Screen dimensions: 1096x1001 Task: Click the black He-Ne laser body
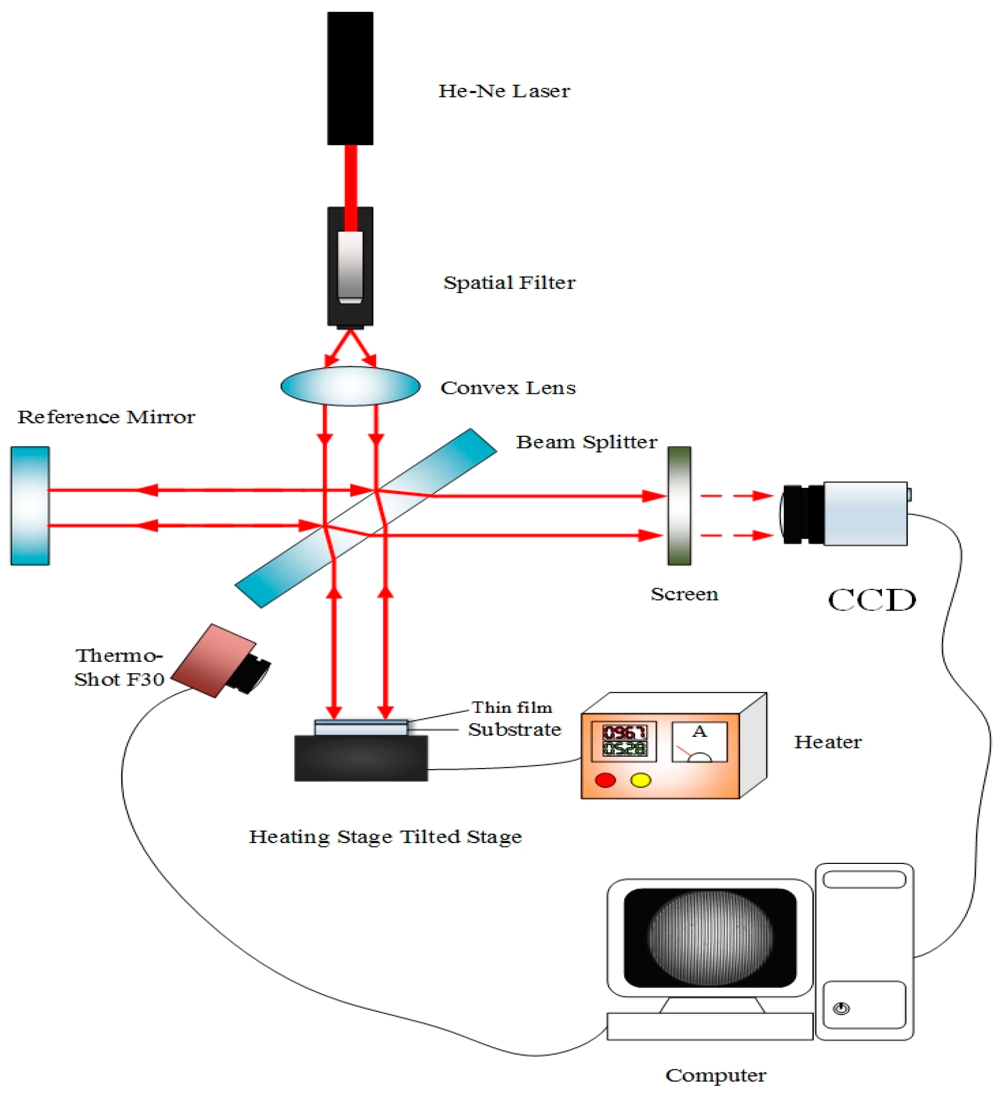[x=350, y=78]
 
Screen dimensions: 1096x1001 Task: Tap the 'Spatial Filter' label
[x=509, y=282]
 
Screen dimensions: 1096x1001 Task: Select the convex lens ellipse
[x=350, y=386]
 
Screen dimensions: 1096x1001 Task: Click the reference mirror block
[x=30, y=505]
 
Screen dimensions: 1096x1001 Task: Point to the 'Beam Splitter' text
[x=586, y=442]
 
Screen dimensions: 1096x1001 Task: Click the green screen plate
[x=679, y=505]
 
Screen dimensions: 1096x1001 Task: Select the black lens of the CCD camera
[x=803, y=514]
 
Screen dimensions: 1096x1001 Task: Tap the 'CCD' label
[x=871, y=600]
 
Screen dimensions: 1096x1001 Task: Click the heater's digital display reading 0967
[x=624, y=732]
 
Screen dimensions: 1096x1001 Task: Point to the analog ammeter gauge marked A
[x=699, y=742]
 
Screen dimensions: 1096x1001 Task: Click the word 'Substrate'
[x=514, y=729]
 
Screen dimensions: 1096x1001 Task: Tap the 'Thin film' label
[x=511, y=707]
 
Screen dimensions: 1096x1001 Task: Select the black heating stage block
[x=360, y=758]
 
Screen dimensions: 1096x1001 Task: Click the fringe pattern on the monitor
[x=710, y=937]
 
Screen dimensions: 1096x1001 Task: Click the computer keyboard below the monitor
[x=709, y=1026]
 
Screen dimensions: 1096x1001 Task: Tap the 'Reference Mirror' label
[x=106, y=417]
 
